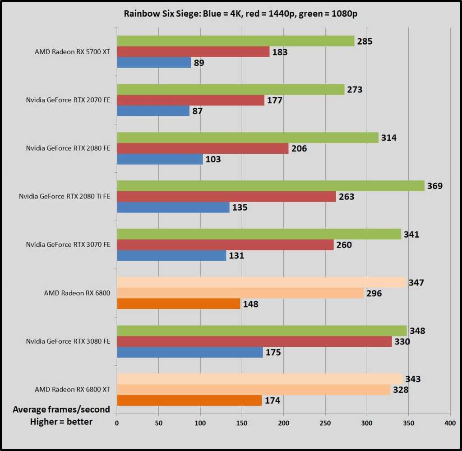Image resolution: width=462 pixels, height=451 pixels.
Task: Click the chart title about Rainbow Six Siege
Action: coord(241,13)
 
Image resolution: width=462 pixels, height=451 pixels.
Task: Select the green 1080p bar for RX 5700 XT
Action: coord(236,41)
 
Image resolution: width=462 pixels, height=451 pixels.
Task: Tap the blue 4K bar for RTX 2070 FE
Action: coord(153,110)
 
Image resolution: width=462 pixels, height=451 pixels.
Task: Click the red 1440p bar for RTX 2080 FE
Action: coord(203,148)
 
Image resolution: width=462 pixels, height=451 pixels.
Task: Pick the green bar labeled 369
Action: coord(271,186)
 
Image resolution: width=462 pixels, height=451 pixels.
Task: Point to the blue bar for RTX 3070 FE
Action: coord(171,255)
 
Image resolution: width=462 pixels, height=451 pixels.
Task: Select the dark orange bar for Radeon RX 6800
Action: coord(179,304)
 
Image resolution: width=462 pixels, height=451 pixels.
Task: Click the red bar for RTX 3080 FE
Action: coord(254,341)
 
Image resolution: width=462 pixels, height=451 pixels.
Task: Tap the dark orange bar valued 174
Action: coord(189,400)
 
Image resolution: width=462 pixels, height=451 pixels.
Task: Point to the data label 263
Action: coord(346,197)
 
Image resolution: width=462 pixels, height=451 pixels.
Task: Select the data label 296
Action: coord(374,293)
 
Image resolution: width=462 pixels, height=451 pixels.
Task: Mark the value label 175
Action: coord(273,352)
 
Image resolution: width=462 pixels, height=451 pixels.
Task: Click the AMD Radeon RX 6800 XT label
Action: coord(72,389)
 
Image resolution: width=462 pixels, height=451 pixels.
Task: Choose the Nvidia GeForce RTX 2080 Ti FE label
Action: coord(65,196)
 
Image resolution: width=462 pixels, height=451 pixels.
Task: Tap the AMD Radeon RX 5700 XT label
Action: coord(72,51)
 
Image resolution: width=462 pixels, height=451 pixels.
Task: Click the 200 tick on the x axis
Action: coord(283,423)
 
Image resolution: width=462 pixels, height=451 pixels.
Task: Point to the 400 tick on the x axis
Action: coord(450,423)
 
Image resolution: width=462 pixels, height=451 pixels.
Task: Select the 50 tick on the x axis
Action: coord(158,423)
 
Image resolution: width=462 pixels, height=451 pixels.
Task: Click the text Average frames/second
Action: coord(61,410)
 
